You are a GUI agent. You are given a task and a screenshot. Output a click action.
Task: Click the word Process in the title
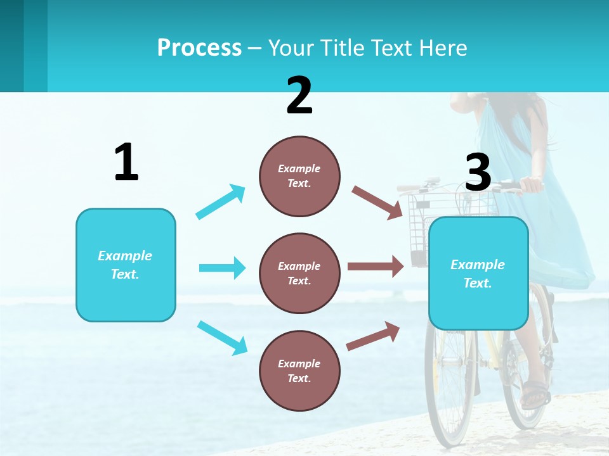[199, 48]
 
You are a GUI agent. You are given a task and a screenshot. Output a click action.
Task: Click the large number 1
[126, 162]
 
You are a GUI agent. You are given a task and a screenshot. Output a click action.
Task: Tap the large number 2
[299, 96]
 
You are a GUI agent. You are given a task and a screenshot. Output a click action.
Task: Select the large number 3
[478, 172]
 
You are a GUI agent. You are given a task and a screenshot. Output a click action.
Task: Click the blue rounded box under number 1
[126, 265]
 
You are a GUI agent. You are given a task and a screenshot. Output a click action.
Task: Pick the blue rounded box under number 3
[478, 273]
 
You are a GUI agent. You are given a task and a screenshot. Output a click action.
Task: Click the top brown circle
[299, 176]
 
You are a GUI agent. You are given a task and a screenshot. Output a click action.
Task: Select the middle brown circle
[299, 273]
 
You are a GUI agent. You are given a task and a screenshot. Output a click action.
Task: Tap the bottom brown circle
[299, 370]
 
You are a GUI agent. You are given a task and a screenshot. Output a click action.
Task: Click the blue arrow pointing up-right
[221, 202]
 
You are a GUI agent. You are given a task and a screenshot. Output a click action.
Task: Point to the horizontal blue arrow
[222, 268]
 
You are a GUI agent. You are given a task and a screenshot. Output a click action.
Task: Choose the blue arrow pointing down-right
[222, 338]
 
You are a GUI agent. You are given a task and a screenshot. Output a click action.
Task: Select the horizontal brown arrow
[376, 266]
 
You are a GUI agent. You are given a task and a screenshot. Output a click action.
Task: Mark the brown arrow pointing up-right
[373, 336]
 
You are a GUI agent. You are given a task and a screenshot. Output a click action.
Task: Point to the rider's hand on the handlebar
[532, 186]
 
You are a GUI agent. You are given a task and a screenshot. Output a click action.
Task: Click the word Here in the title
[443, 48]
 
